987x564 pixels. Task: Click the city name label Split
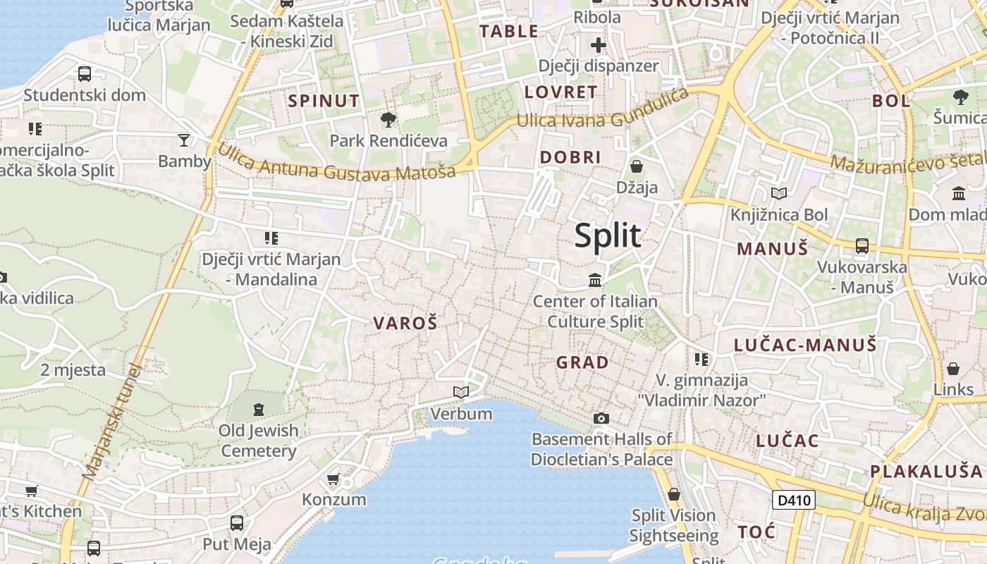pyautogui.click(x=608, y=235)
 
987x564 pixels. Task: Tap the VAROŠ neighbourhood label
pyautogui.click(x=405, y=324)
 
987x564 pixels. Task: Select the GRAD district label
pyautogui.click(x=582, y=363)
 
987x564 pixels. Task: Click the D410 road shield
pyautogui.click(x=794, y=501)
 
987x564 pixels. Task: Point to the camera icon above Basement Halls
pyautogui.click(x=601, y=418)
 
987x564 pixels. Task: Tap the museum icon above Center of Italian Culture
pyautogui.click(x=595, y=280)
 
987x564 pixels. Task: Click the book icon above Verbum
pyautogui.click(x=461, y=392)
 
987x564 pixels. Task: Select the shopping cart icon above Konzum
pyautogui.click(x=333, y=479)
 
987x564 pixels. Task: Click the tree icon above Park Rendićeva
pyautogui.click(x=388, y=119)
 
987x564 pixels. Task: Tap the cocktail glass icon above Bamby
pyautogui.click(x=184, y=140)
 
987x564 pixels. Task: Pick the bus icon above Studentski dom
pyautogui.click(x=85, y=73)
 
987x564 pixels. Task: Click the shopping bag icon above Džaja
pyautogui.click(x=637, y=166)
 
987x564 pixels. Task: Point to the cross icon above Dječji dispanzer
pyautogui.click(x=599, y=46)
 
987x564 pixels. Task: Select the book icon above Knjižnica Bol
pyautogui.click(x=779, y=193)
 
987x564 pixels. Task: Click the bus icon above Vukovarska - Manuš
pyautogui.click(x=862, y=246)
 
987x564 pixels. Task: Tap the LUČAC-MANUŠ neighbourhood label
pyautogui.click(x=805, y=345)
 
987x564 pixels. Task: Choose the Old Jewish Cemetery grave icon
pyautogui.click(x=259, y=409)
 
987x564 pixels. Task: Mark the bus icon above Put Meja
pyautogui.click(x=237, y=523)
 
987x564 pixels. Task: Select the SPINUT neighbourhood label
pyautogui.click(x=324, y=101)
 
